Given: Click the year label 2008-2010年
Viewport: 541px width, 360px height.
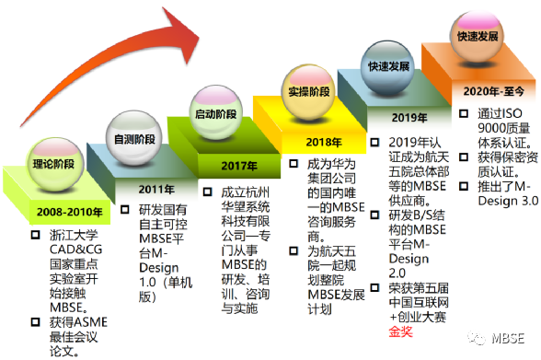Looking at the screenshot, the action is pos(69,212).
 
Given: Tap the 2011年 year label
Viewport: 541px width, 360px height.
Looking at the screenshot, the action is pos(156,189).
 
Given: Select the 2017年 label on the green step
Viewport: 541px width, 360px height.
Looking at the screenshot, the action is pos(239,166).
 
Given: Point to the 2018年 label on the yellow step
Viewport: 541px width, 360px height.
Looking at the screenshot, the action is pos(324,142).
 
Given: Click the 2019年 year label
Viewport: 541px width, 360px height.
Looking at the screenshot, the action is pos(409,118).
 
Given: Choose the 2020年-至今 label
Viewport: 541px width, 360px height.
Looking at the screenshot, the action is pos(494,91).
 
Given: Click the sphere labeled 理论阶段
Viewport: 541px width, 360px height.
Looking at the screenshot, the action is pos(53,164).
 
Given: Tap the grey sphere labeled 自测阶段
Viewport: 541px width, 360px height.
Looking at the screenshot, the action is pos(134,139).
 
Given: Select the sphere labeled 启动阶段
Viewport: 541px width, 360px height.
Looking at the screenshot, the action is pos(216,113).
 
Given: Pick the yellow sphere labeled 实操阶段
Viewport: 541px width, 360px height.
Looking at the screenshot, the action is pos(309,91).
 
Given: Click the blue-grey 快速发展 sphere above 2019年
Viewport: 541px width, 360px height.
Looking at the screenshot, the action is pos(388,67).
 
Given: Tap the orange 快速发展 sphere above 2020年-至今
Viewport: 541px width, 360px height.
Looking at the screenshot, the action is pos(478,36).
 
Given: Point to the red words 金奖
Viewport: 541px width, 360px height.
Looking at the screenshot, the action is pos(400,331).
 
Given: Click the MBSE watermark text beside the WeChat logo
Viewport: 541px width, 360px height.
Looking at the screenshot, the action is pos(508,339).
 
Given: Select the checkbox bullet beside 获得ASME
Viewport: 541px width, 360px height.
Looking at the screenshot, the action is pos(35,322).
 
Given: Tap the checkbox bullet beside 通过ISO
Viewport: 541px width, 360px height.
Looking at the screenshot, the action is pos(464,113).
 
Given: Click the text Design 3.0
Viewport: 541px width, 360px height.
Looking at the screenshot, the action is pos(508,201).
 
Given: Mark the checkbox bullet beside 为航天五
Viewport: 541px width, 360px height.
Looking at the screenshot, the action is pos(294,251).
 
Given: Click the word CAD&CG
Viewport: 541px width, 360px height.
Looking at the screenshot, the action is pos(75,250).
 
